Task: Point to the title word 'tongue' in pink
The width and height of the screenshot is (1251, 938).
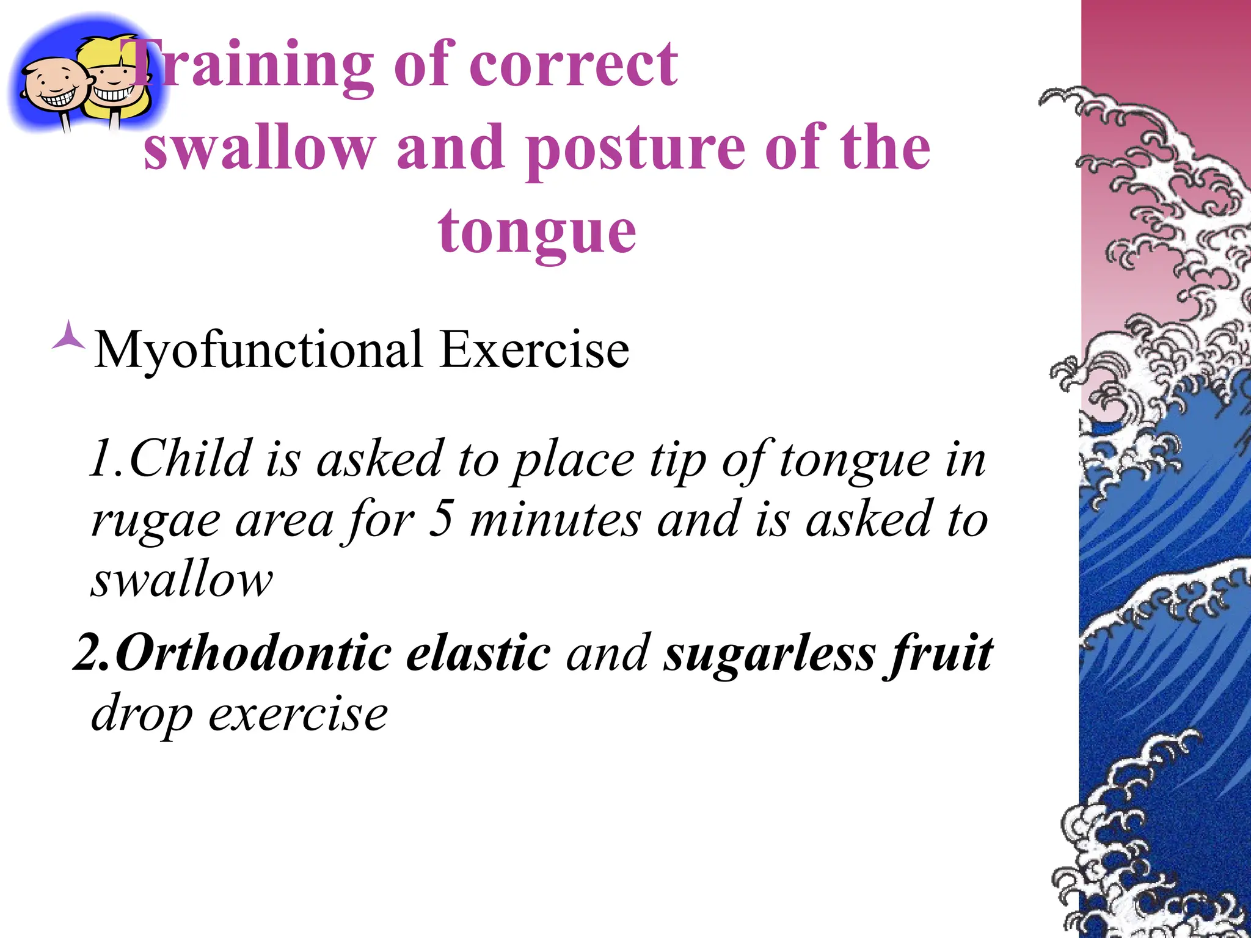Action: pos(537,233)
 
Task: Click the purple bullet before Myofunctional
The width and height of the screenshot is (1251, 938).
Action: pos(68,335)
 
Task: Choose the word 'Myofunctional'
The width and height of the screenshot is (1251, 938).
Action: pos(258,351)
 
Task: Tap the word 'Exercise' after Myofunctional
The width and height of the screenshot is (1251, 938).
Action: pos(534,349)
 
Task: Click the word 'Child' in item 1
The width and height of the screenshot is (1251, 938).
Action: pos(190,459)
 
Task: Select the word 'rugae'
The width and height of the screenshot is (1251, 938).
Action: pos(155,520)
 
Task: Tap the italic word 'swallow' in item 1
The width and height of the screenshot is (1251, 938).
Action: pos(181,580)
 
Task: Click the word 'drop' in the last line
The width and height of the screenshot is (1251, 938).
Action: pos(141,714)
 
